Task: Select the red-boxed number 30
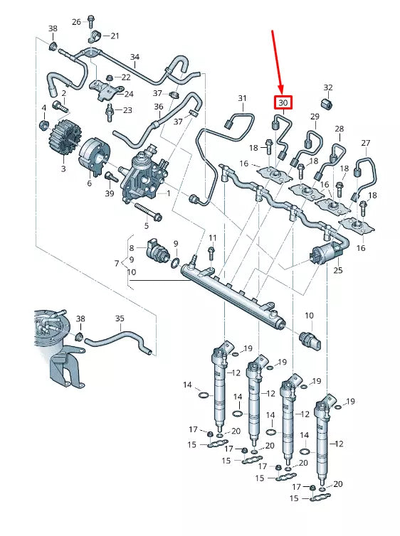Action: point(283,103)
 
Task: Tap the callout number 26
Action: point(76,21)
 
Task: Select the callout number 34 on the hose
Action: point(135,57)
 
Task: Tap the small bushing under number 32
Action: point(328,105)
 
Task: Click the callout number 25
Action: point(337,270)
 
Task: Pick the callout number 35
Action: point(119,318)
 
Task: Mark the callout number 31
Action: point(241,98)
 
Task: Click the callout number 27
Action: point(366,144)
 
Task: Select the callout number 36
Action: point(158,107)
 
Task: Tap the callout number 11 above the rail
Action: point(211,237)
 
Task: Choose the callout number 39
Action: point(109,193)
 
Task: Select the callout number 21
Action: point(115,36)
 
